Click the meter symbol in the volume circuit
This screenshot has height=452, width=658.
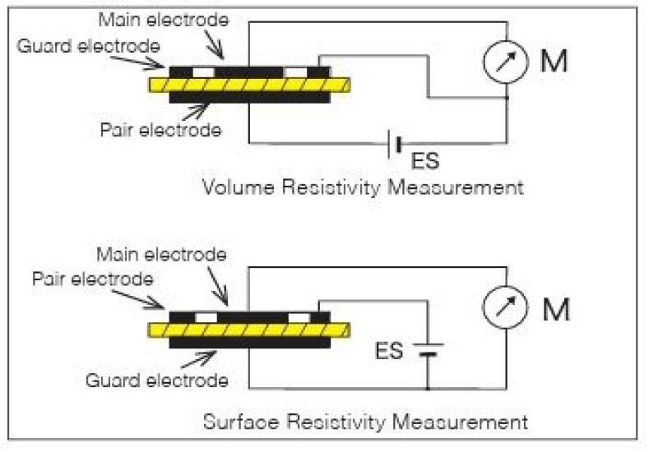[506, 61]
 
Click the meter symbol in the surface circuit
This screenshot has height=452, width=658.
[505, 307]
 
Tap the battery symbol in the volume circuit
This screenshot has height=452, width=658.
[395, 145]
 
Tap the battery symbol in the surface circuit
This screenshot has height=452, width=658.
[428, 349]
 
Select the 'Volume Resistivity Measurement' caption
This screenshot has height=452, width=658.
[363, 187]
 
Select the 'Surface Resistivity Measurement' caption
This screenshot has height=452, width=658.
[365, 422]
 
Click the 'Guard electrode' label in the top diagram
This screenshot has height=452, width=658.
[89, 46]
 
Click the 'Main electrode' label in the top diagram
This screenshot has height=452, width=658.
[164, 20]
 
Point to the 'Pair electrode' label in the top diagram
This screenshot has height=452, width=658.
[160, 130]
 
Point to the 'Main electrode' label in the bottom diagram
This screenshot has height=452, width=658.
[161, 254]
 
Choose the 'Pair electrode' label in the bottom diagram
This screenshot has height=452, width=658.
[93, 279]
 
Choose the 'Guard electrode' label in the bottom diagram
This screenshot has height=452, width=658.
[157, 381]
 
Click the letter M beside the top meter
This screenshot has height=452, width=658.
[554, 61]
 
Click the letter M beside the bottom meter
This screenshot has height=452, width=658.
[557, 310]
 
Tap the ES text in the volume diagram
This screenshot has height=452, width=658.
[425, 161]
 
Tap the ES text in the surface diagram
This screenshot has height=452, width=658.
[389, 351]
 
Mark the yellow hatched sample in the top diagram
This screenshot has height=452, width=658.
[249, 85]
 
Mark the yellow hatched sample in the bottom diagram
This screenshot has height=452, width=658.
[249, 330]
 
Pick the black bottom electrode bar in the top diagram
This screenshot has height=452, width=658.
[250, 98]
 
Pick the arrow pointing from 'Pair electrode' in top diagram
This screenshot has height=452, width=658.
[195, 112]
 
